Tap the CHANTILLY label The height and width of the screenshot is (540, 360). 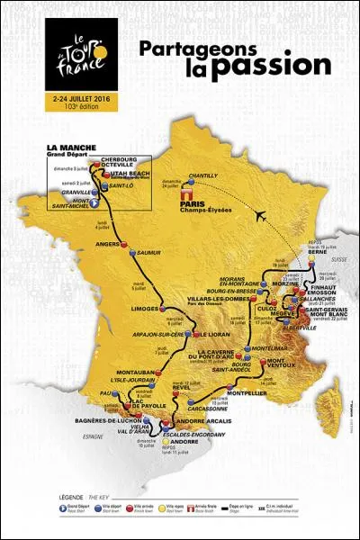(x=215, y=175)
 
